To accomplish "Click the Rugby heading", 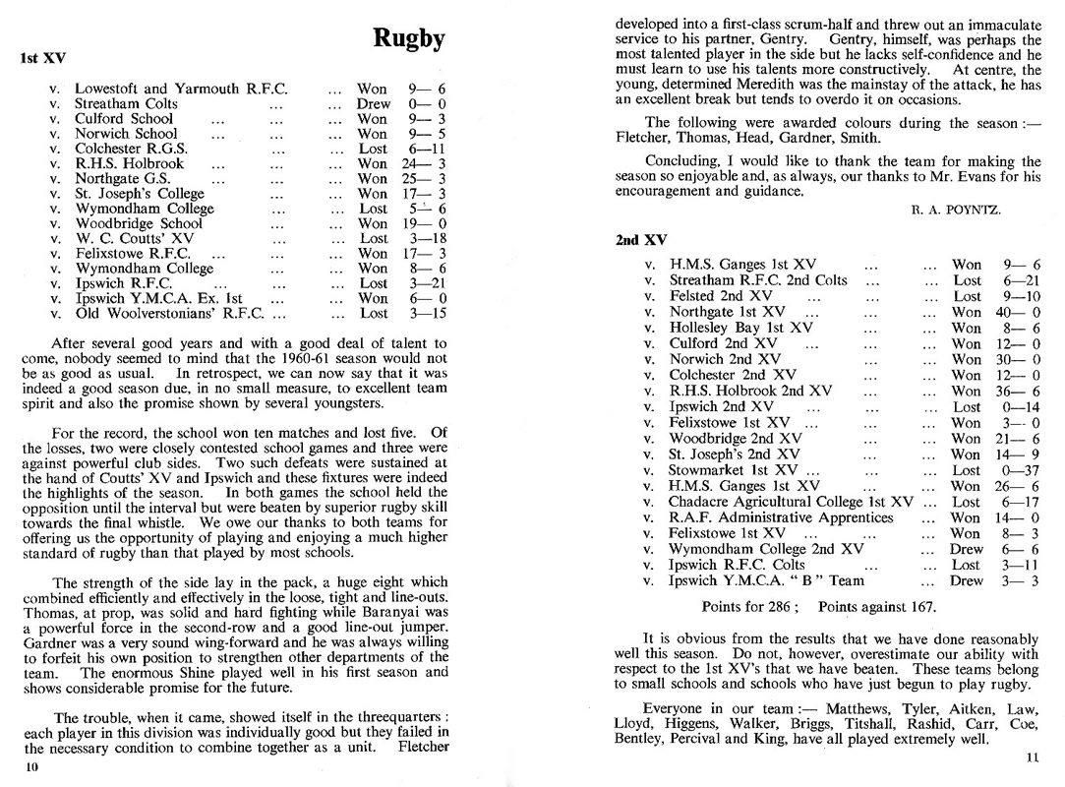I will point(409,38).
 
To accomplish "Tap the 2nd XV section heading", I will point(642,240).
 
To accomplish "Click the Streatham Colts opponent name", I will point(127,103).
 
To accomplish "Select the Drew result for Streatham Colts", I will point(373,103).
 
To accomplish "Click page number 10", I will point(31,768).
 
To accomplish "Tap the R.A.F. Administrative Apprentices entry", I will point(781,517).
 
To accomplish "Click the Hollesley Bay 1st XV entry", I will point(740,328).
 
